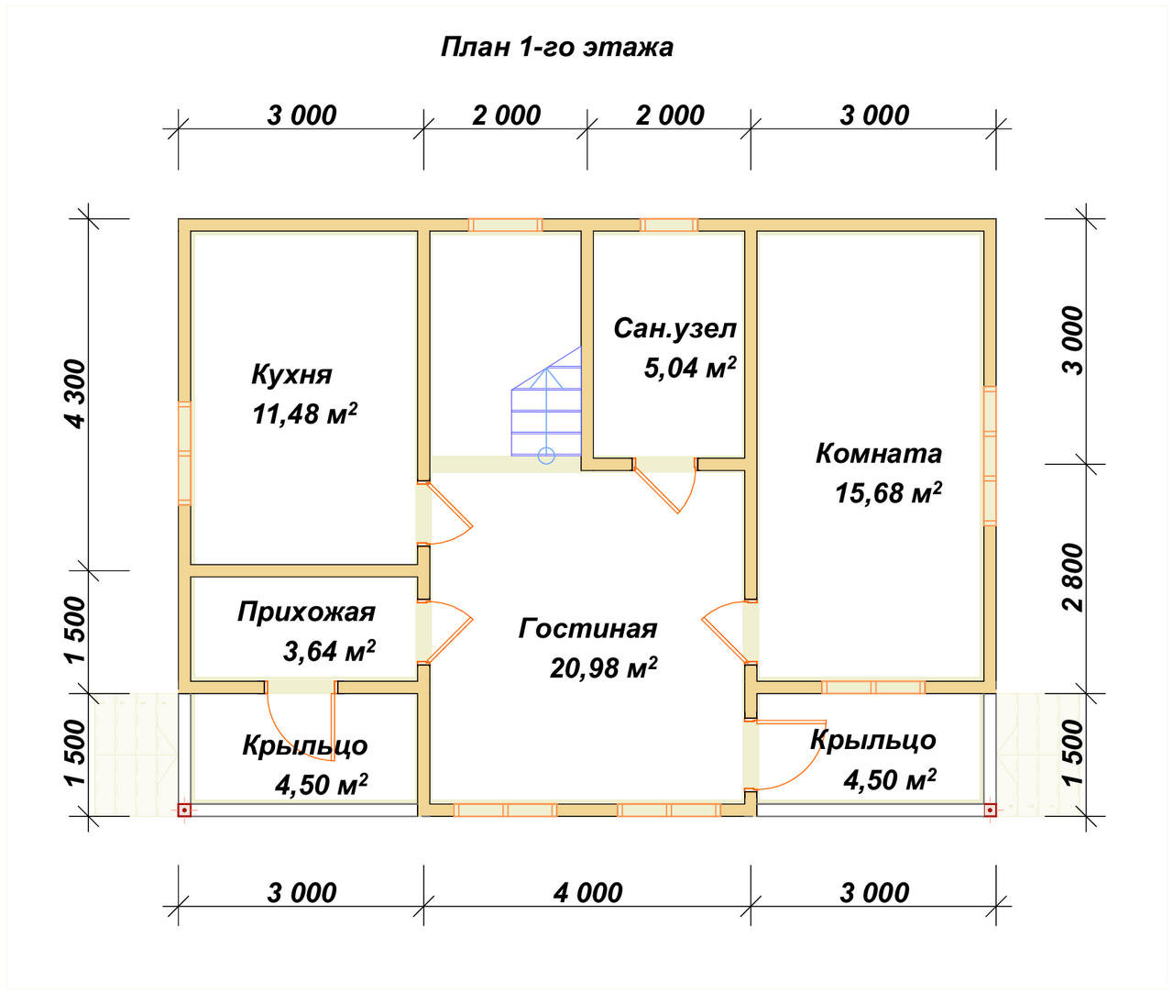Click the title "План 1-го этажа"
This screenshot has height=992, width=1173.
[556, 47]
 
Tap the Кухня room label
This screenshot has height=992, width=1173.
[291, 374]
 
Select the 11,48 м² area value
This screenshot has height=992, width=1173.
[304, 413]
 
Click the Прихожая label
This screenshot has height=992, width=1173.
[306, 612]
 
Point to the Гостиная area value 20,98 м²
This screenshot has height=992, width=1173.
[603, 668]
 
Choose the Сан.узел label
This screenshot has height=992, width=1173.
[674, 328]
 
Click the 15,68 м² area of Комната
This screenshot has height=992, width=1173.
[887, 493]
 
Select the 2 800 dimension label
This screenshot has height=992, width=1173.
[1072, 577]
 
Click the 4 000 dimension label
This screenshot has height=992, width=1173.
[587, 892]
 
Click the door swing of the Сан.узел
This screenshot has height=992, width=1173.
[667, 486]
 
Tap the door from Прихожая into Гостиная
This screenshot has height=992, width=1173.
[446, 631]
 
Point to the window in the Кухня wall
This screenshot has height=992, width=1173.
[184, 453]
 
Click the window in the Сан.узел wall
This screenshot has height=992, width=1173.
[668, 225]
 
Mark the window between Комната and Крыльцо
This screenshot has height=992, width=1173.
[873, 687]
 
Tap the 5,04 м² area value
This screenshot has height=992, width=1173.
[689, 368]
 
